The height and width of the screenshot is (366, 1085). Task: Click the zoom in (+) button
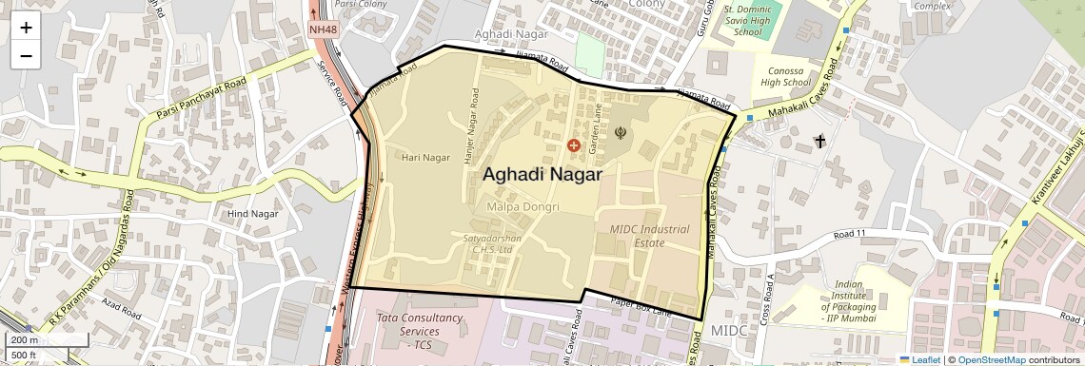pyautogui.click(x=26, y=28)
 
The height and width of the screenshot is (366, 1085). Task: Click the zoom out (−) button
pyautogui.click(x=26, y=55)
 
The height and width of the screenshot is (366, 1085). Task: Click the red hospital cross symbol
pyautogui.click(x=573, y=145)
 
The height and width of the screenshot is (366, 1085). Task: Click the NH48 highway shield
pyautogui.click(x=324, y=29)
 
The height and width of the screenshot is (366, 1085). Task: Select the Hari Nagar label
pyautogui.click(x=424, y=157)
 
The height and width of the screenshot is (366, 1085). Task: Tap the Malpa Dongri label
pyautogui.click(x=522, y=206)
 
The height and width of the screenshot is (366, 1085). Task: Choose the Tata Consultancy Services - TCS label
pyautogui.click(x=419, y=330)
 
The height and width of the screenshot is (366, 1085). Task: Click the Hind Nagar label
pyautogui.click(x=250, y=214)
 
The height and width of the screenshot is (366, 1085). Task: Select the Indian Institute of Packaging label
pyautogui.click(x=849, y=297)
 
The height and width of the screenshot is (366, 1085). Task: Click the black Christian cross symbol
pyautogui.click(x=819, y=142)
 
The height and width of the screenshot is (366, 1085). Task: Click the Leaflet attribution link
pyautogui.click(x=919, y=359)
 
